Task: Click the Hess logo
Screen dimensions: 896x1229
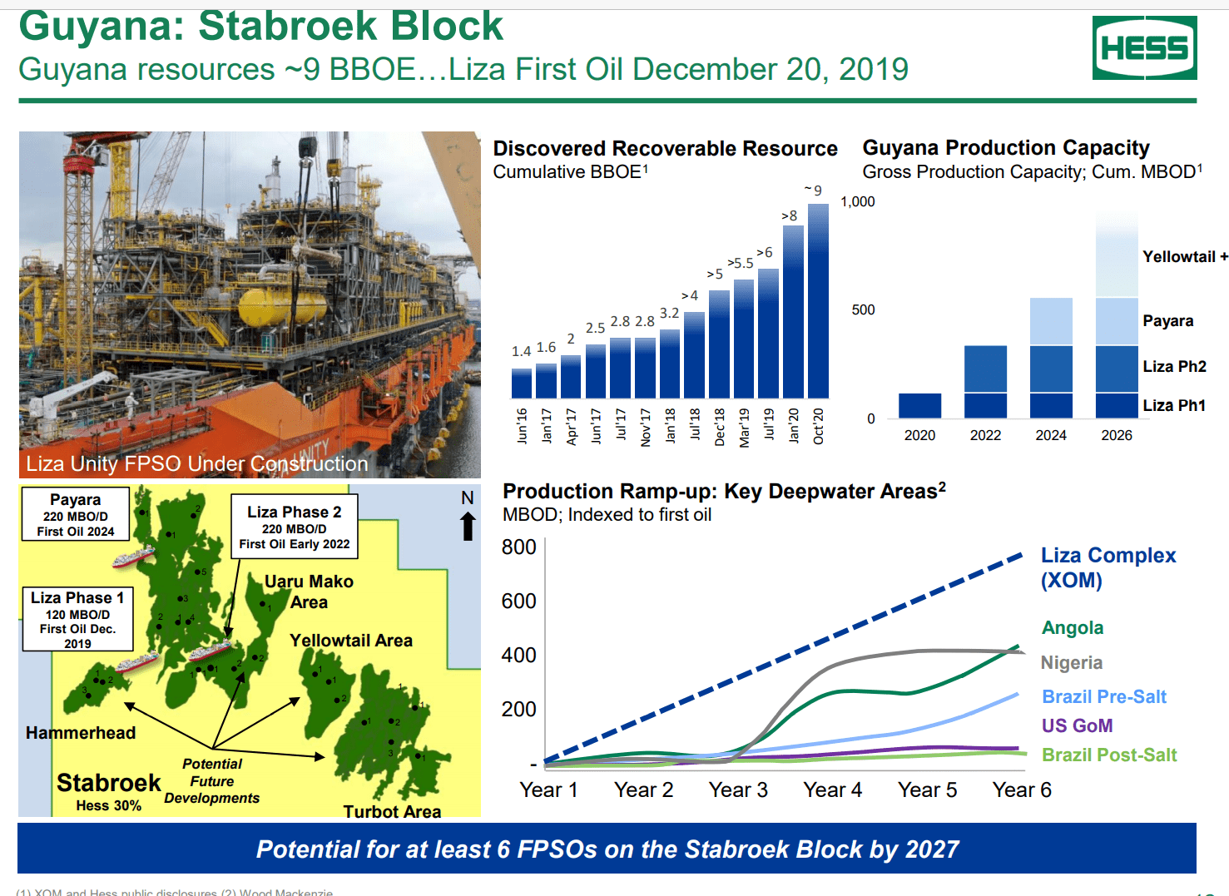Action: click(x=1144, y=48)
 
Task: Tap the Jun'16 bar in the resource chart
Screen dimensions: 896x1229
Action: click(x=521, y=384)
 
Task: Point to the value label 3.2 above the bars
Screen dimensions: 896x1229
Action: click(x=669, y=314)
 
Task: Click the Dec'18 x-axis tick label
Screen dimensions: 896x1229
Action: click(x=720, y=426)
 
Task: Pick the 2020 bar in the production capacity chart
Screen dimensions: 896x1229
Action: click(x=919, y=405)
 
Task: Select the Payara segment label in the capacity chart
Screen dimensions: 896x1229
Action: click(x=1167, y=321)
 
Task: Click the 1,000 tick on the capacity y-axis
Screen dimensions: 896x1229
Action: click(x=857, y=201)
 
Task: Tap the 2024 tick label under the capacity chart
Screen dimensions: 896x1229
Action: click(x=1050, y=435)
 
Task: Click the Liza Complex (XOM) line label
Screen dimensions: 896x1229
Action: click(x=1108, y=567)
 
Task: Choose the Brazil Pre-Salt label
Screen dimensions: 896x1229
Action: click(x=1103, y=697)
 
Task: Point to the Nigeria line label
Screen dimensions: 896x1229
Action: click(x=1071, y=663)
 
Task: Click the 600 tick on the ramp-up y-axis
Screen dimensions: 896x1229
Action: click(x=518, y=601)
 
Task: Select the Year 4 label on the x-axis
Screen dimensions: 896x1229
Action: click(x=832, y=790)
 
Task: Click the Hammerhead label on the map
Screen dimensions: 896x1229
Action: click(x=80, y=733)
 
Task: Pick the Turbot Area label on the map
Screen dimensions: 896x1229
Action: click(x=392, y=811)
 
